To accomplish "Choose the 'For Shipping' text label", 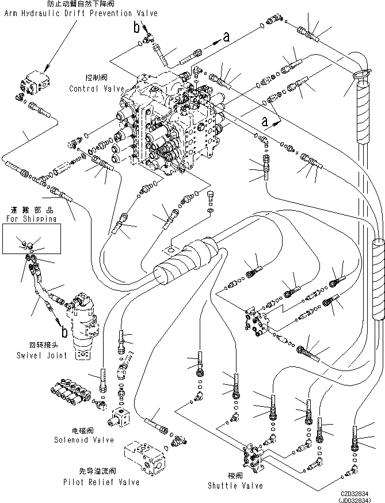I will tap(31, 219).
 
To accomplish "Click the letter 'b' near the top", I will tap(136, 27).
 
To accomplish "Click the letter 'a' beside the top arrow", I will tap(226, 36).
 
